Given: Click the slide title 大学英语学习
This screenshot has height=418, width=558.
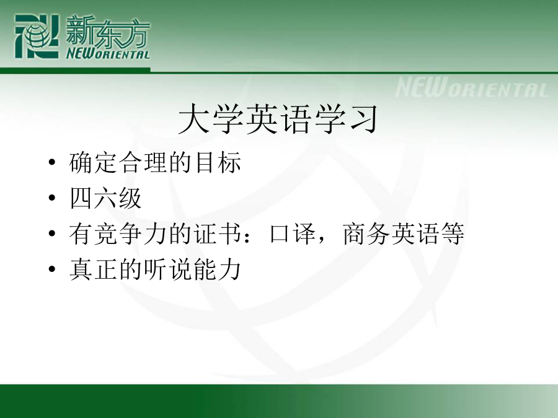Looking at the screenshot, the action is tap(278, 119).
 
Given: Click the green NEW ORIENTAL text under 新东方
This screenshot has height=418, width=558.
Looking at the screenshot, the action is tap(108, 54).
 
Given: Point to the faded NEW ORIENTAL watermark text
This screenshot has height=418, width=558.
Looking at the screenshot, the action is tap(472, 87).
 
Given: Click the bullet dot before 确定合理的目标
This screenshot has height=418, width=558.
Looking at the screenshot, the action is tap(52, 162).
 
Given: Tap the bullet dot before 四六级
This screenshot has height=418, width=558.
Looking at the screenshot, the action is tap(52, 198).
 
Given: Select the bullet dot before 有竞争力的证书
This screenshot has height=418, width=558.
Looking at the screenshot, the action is tap(52, 233).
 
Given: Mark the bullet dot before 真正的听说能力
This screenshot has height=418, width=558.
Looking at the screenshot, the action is tap(52, 269).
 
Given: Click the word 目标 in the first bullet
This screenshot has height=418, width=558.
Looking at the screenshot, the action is tap(218, 162).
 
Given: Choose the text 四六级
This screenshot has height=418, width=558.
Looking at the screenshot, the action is tap(105, 198).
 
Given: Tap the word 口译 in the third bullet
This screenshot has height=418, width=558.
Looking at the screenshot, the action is tap(293, 233).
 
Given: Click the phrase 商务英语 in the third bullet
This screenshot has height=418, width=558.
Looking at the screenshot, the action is tap(391, 233).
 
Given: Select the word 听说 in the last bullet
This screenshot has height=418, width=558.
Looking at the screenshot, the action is tap(168, 269).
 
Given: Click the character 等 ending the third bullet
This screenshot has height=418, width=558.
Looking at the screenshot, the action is tap(453, 233).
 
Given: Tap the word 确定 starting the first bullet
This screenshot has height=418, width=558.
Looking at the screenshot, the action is tap(93, 162).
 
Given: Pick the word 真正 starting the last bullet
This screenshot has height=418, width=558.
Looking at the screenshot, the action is tap(93, 269).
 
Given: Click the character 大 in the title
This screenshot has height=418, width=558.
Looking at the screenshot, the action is tap(193, 119).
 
